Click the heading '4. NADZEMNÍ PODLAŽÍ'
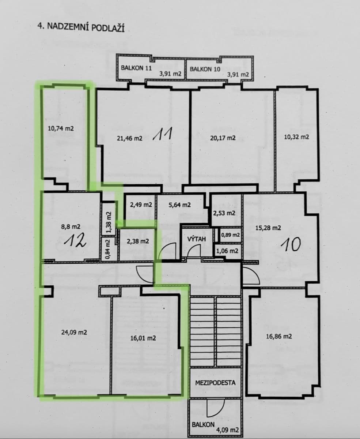pyautogui.click(x=81, y=27)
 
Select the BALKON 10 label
pyautogui.click(x=205, y=69)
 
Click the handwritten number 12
pyautogui.click(x=75, y=241)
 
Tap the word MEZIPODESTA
pyautogui.click(x=215, y=383)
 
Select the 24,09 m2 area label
pyautogui.click(x=74, y=333)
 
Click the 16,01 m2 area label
pyautogui.click(x=143, y=338)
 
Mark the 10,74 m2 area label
pyautogui.click(x=61, y=128)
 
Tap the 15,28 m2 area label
pyautogui.click(x=269, y=228)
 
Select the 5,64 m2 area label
pyautogui.click(x=179, y=205)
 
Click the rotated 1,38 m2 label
pyautogui.click(x=108, y=223)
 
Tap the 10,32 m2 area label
pyautogui.click(x=296, y=137)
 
